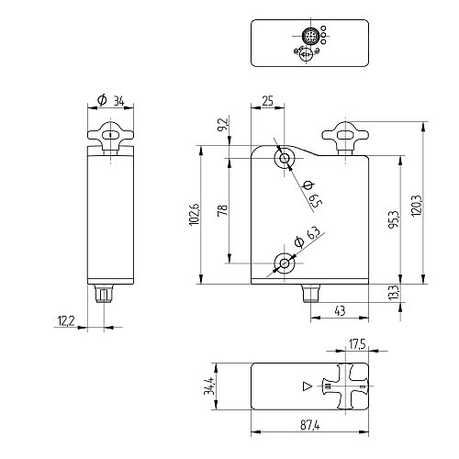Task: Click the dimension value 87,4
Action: (x=309, y=425)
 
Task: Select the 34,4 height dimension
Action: (x=208, y=386)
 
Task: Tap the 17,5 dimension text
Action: (x=357, y=344)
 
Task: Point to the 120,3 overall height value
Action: (x=416, y=206)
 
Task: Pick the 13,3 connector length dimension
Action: (x=394, y=292)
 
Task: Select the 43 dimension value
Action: (x=340, y=311)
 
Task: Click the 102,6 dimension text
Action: (x=195, y=215)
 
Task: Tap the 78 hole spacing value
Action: (x=223, y=210)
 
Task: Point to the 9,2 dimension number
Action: (x=223, y=125)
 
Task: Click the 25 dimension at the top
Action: (x=267, y=101)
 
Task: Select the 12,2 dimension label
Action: (x=66, y=321)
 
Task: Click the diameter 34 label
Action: (x=111, y=101)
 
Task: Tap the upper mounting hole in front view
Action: (x=285, y=158)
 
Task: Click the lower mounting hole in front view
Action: (x=285, y=263)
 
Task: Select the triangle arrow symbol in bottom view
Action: (x=307, y=386)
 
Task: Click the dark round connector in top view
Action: (x=310, y=36)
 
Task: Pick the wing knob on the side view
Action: (x=110, y=135)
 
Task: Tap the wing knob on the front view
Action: (x=345, y=135)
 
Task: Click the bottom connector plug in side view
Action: (x=105, y=294)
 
